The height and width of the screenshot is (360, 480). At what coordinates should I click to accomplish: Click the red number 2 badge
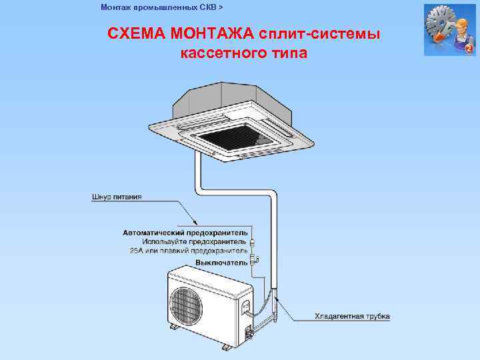(469, 49)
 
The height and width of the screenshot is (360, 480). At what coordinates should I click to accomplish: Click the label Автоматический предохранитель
(185, 233)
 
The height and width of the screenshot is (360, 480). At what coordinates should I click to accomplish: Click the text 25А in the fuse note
(137, 251)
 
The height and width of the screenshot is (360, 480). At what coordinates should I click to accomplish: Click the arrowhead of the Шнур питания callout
(194, 222)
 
